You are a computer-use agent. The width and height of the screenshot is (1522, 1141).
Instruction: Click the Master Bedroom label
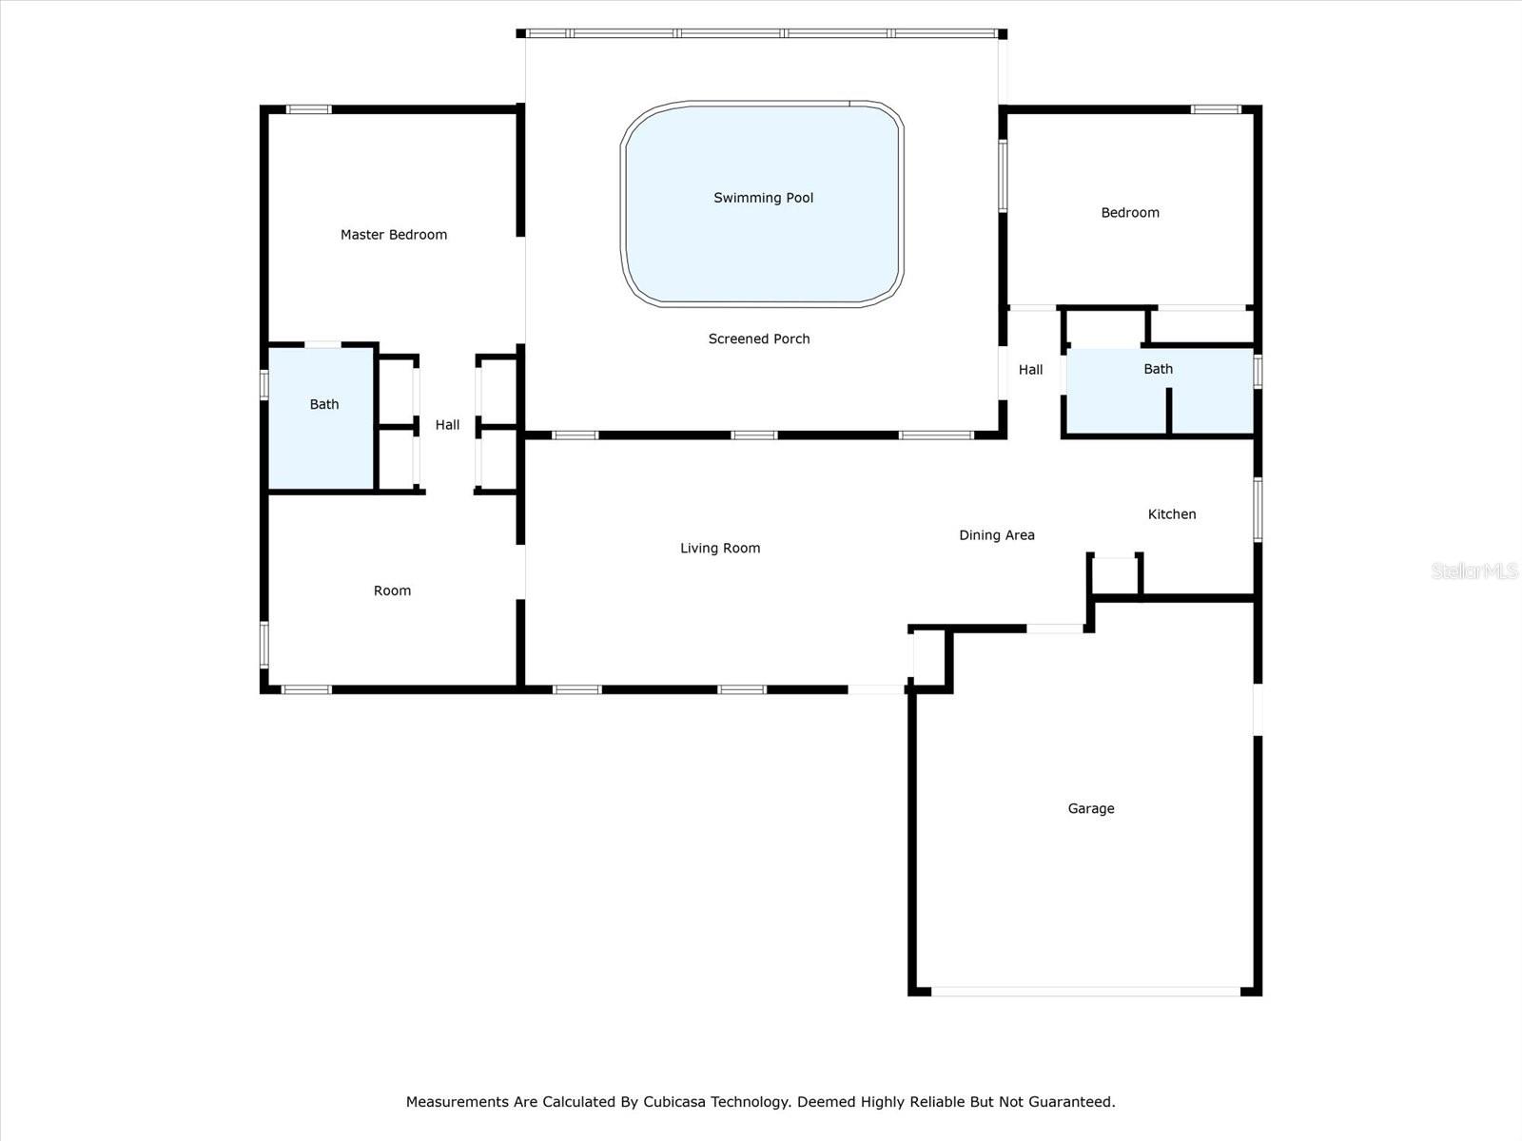pos(393,235)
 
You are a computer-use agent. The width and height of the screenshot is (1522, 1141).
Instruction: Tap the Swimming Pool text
pos(764,198)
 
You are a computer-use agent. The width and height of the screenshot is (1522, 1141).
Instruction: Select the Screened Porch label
pos(758,338)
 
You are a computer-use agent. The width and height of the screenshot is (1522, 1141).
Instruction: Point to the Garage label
pos(1091,808)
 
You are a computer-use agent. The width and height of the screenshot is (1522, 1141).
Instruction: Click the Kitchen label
pos(1172,514)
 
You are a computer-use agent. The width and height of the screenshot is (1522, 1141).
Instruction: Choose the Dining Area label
pos(996,534)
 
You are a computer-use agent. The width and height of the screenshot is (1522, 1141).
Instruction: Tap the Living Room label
pos(720,548)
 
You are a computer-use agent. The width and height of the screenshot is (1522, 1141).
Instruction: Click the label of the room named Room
pos(392,590)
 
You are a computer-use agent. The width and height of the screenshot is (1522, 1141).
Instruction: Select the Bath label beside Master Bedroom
pos(323,404)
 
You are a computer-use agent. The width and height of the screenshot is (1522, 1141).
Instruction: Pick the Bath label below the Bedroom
pos(1158,369)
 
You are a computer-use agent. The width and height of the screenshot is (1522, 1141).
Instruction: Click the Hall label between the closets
pos(447,425)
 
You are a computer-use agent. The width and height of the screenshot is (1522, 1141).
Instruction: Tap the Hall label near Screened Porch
pos(1030,370)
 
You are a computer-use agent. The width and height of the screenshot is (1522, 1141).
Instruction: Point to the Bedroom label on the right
pos(1130,213)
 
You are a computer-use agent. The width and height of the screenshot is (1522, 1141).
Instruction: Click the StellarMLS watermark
pos(1474,570)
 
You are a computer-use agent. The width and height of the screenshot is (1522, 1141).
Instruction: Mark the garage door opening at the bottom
pos(1085,992)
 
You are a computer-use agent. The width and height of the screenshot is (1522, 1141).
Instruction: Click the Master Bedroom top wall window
pos(308,109)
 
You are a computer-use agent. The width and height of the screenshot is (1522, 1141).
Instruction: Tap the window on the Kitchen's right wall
pos(1258,510)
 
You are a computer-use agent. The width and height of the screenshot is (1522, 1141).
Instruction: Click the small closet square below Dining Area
pos(1114,575)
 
